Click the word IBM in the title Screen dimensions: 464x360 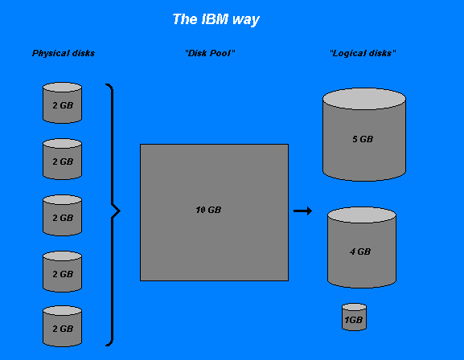(x=215, y=19)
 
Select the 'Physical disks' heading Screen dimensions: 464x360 (x=64, y=53)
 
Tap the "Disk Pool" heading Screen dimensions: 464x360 (x=210, y=53)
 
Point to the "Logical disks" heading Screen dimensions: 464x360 (x=363, y=53)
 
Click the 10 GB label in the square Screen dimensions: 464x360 (x=208, y=210)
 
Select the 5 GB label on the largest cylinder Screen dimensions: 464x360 (x=363, y=139)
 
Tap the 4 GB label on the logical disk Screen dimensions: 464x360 (x=360, y=252)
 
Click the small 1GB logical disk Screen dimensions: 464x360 (x=354, y=317)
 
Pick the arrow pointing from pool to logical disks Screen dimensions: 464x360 (x=302, y=211)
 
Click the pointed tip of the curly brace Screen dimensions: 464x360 (x=120, y=211)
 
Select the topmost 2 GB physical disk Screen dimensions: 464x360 (x=63, y=103)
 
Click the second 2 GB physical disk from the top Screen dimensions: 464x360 (x=63, y=159)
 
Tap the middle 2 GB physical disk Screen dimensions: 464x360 (x=63, y=215)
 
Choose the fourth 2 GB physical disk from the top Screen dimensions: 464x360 (x=63, y=272)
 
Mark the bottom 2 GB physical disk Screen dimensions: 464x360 (x=63, y=326)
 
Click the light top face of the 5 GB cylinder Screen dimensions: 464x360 (x=364, y=99)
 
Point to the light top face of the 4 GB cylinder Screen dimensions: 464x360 (x=362, y=215)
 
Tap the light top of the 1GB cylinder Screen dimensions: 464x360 (x=354, y=307)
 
